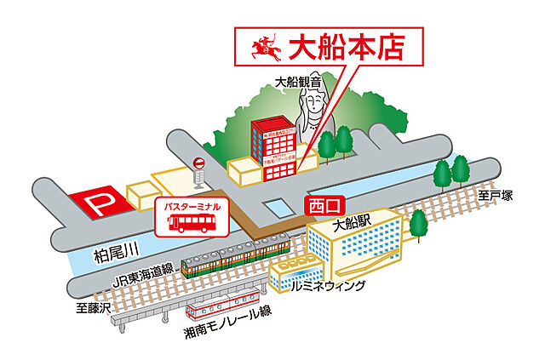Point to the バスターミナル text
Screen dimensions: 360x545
pos(192,206)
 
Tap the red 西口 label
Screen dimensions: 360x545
pos(324,206)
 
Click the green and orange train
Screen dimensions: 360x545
pos(234,256)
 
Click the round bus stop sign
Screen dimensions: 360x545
pos(198,163)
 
